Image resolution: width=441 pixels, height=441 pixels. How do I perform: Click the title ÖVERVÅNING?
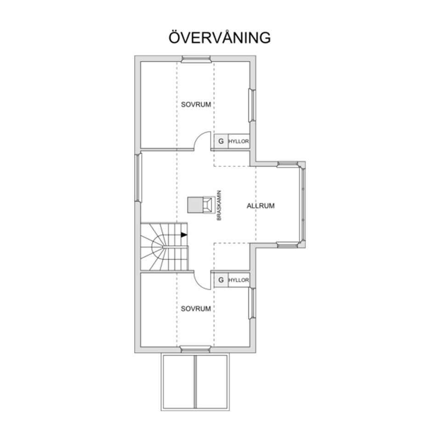coord(220,38)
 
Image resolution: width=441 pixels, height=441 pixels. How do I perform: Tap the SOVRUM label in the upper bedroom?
coord(196,105)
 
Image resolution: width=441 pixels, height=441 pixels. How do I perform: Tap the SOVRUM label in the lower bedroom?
coord(196,309)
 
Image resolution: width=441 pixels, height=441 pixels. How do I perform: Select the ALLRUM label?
coord(260,206)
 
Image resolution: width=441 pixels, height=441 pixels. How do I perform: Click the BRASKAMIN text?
coord(219,205)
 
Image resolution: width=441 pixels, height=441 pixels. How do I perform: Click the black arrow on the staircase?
coord(184,235)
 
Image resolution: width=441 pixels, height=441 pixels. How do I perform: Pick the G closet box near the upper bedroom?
coord(221,141)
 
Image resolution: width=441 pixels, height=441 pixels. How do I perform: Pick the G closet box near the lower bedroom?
coord(221,280)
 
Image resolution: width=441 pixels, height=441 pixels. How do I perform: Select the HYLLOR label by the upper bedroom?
coord(238,141)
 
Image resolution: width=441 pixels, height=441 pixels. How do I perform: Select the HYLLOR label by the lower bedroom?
coord(238,280)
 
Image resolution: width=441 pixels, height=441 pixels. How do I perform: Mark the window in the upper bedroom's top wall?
coord(195,59)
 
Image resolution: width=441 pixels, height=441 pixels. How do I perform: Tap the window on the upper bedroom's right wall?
coord(252,105)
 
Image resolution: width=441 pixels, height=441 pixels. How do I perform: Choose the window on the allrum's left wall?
coord(138,177)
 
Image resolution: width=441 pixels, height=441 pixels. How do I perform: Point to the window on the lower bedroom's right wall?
coord(252,303)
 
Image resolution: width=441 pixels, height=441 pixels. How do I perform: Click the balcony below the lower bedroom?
coord(195,382)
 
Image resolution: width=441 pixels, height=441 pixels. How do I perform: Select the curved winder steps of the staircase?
coord(153,248)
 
